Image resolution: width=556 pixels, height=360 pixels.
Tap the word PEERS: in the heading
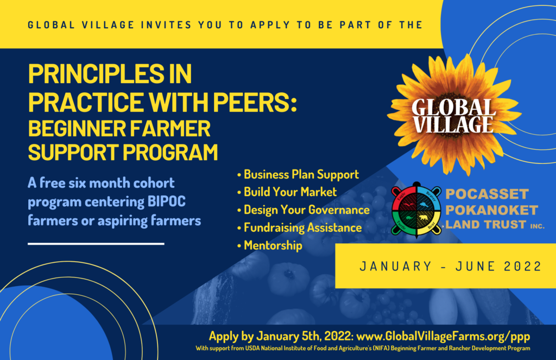point(255,102)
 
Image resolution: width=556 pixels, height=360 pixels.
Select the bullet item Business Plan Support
point(298,174)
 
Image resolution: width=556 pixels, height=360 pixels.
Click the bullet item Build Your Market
point(287,192)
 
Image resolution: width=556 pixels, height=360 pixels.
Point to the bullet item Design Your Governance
point(303,210)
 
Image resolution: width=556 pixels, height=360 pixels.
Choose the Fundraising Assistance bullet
point(299,228)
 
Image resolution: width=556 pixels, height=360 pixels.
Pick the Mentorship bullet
point(269,245)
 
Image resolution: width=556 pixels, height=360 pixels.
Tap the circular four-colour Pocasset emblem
point(416,210)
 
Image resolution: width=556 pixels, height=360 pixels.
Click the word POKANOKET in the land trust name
point(491,210)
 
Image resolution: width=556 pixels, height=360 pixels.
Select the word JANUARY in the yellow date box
point(395,266)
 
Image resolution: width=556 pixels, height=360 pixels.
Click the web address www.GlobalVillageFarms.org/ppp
point(443,336)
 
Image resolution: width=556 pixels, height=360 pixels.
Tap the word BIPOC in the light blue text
point(166,201)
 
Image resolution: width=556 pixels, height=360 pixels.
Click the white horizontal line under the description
point(96,244)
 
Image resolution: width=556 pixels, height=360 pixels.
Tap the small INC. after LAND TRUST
point(537,226)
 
